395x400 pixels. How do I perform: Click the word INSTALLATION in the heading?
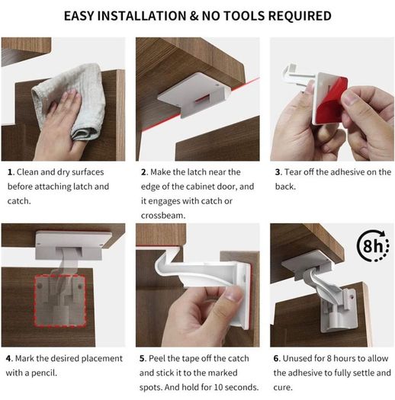[142, 16]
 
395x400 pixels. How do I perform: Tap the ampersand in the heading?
[194, 16]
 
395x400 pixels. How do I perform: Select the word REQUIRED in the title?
[300, 16]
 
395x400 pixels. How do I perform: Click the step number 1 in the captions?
[10, 172]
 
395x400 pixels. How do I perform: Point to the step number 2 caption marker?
[144, 172]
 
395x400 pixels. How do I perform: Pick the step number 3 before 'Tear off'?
[278, 172]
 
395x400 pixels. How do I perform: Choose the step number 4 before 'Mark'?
[9, 358]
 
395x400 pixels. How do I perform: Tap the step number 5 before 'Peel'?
[143, 358]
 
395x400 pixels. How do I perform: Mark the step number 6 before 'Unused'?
[277, 358]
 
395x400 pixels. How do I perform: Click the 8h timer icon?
[373, 245]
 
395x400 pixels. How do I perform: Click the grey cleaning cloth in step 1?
[69, 100]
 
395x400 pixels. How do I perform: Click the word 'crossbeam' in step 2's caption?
[162, 216]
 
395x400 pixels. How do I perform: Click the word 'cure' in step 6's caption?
[281, 388]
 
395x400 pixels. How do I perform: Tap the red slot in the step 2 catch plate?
[202, 99]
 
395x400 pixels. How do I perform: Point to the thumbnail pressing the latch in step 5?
[233, 296]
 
